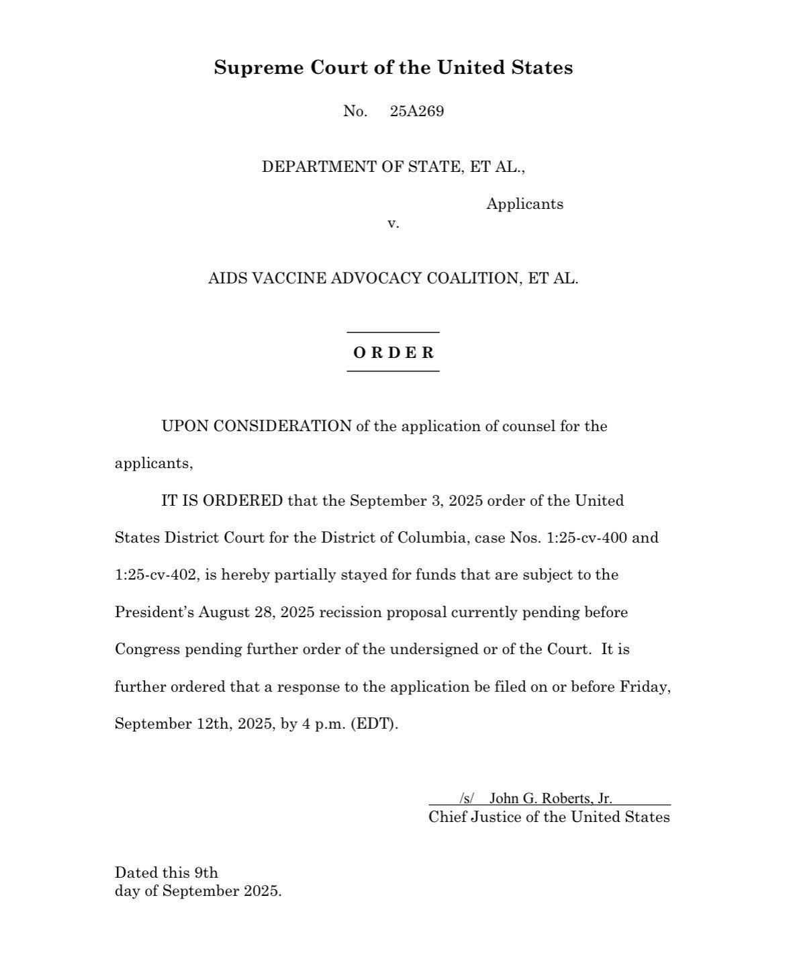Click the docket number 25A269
(x=416, y=111)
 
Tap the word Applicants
(x=524, y=204)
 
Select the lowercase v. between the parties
(x=393, y=223)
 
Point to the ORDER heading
(x=394, y=353)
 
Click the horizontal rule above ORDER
(x=393, y=332)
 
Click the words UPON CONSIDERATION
(x=256, y=426)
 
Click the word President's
(x=154, y=612)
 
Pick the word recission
(x=349, y=612)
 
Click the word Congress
(x=147, y=649)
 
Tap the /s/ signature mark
(x=467, y=798)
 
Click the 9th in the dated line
(x=206, y=873)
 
